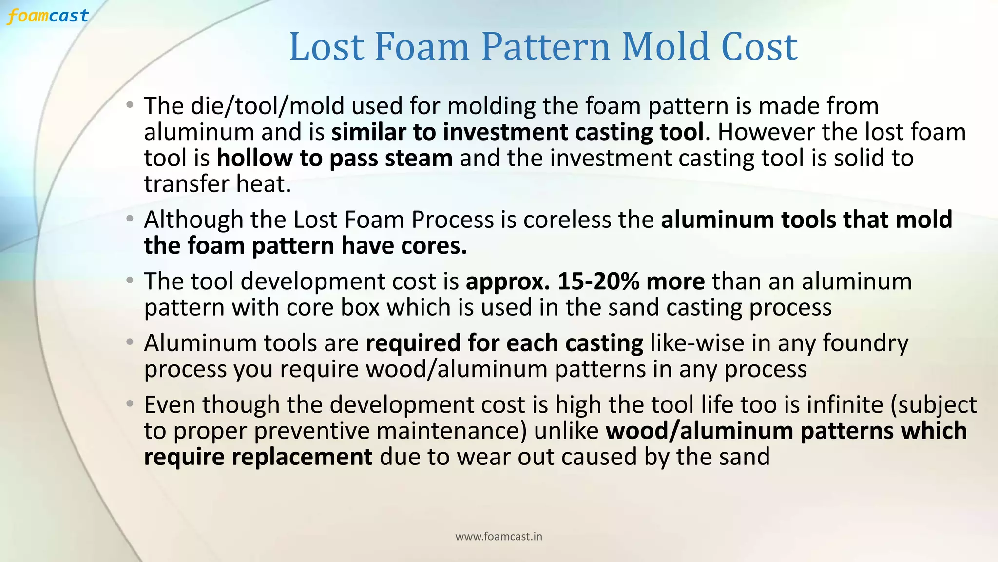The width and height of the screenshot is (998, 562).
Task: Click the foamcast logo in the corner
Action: (x=48, y=16)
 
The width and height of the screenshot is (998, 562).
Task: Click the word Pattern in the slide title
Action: (x=546, y=47)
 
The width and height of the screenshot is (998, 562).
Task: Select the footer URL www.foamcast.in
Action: (x=499, y=537)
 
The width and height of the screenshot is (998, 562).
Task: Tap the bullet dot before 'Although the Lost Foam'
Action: (x=129, y=219)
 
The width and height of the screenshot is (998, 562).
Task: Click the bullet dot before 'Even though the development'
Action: (x=129, y=404)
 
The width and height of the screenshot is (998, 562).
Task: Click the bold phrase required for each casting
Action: (x=504, y=343)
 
